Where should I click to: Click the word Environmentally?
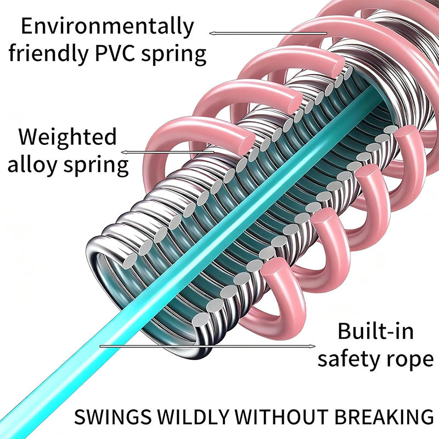click(108, 26)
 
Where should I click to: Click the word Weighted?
click(68, 136)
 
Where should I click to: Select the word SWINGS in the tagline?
click(99, 415)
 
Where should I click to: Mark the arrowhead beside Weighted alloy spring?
click(125, 151)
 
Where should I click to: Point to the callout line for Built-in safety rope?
click(209, 346)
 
